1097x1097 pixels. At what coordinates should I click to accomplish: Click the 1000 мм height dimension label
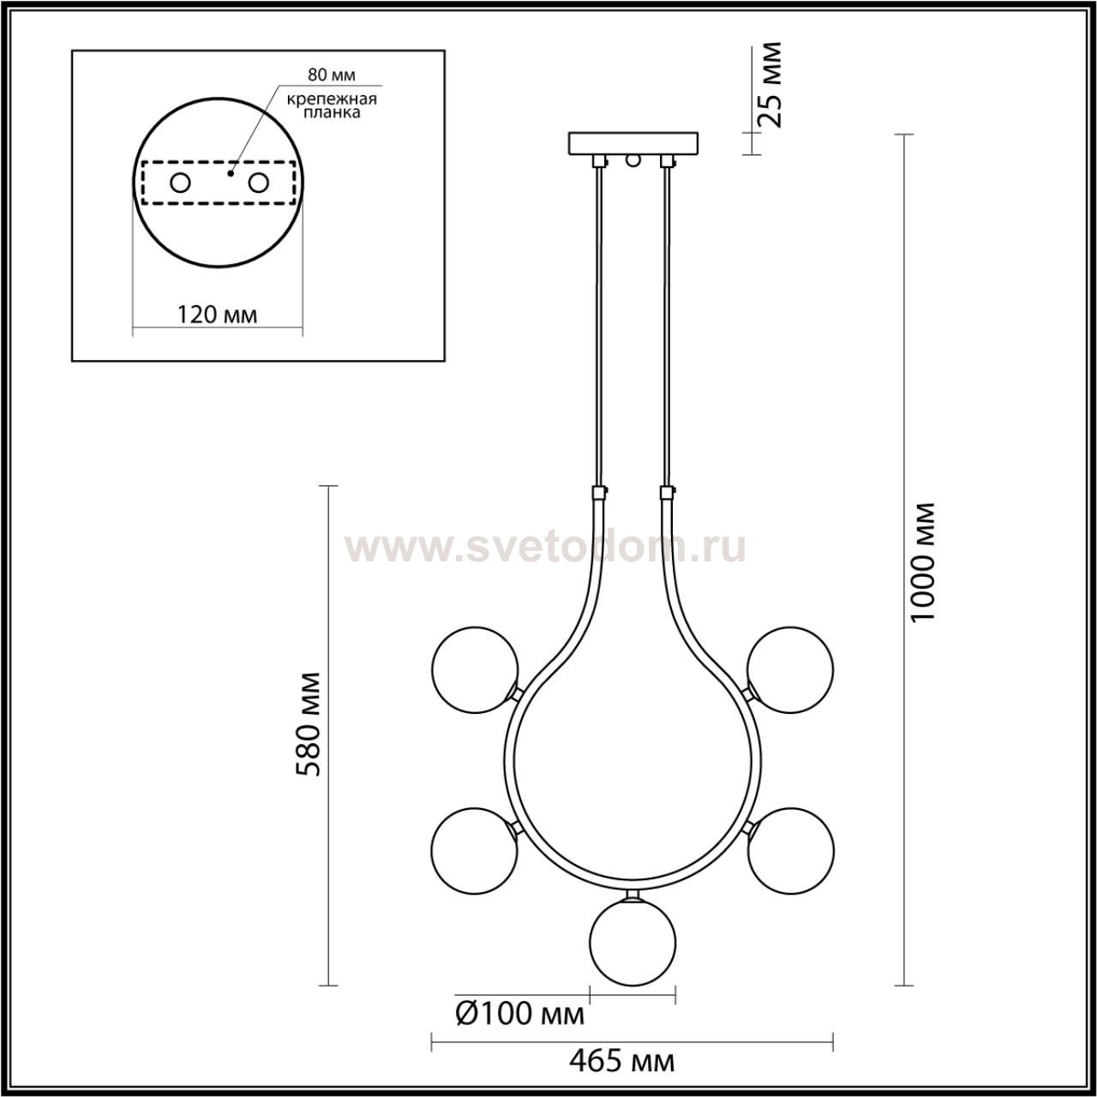click(x=921, y=563)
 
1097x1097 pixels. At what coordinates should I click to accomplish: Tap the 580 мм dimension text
click(x=309, y=724)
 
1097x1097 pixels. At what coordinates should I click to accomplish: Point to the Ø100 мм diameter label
click(x=520, y=1013)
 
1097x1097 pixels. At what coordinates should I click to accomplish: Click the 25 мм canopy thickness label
click(x=770, y=84)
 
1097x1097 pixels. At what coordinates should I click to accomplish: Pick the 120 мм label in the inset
click(x=218, y=315)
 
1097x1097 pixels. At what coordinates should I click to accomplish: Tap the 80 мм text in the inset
click(x=332, y=75)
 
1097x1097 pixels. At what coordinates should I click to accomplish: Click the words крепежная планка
click(x=332, y=106)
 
